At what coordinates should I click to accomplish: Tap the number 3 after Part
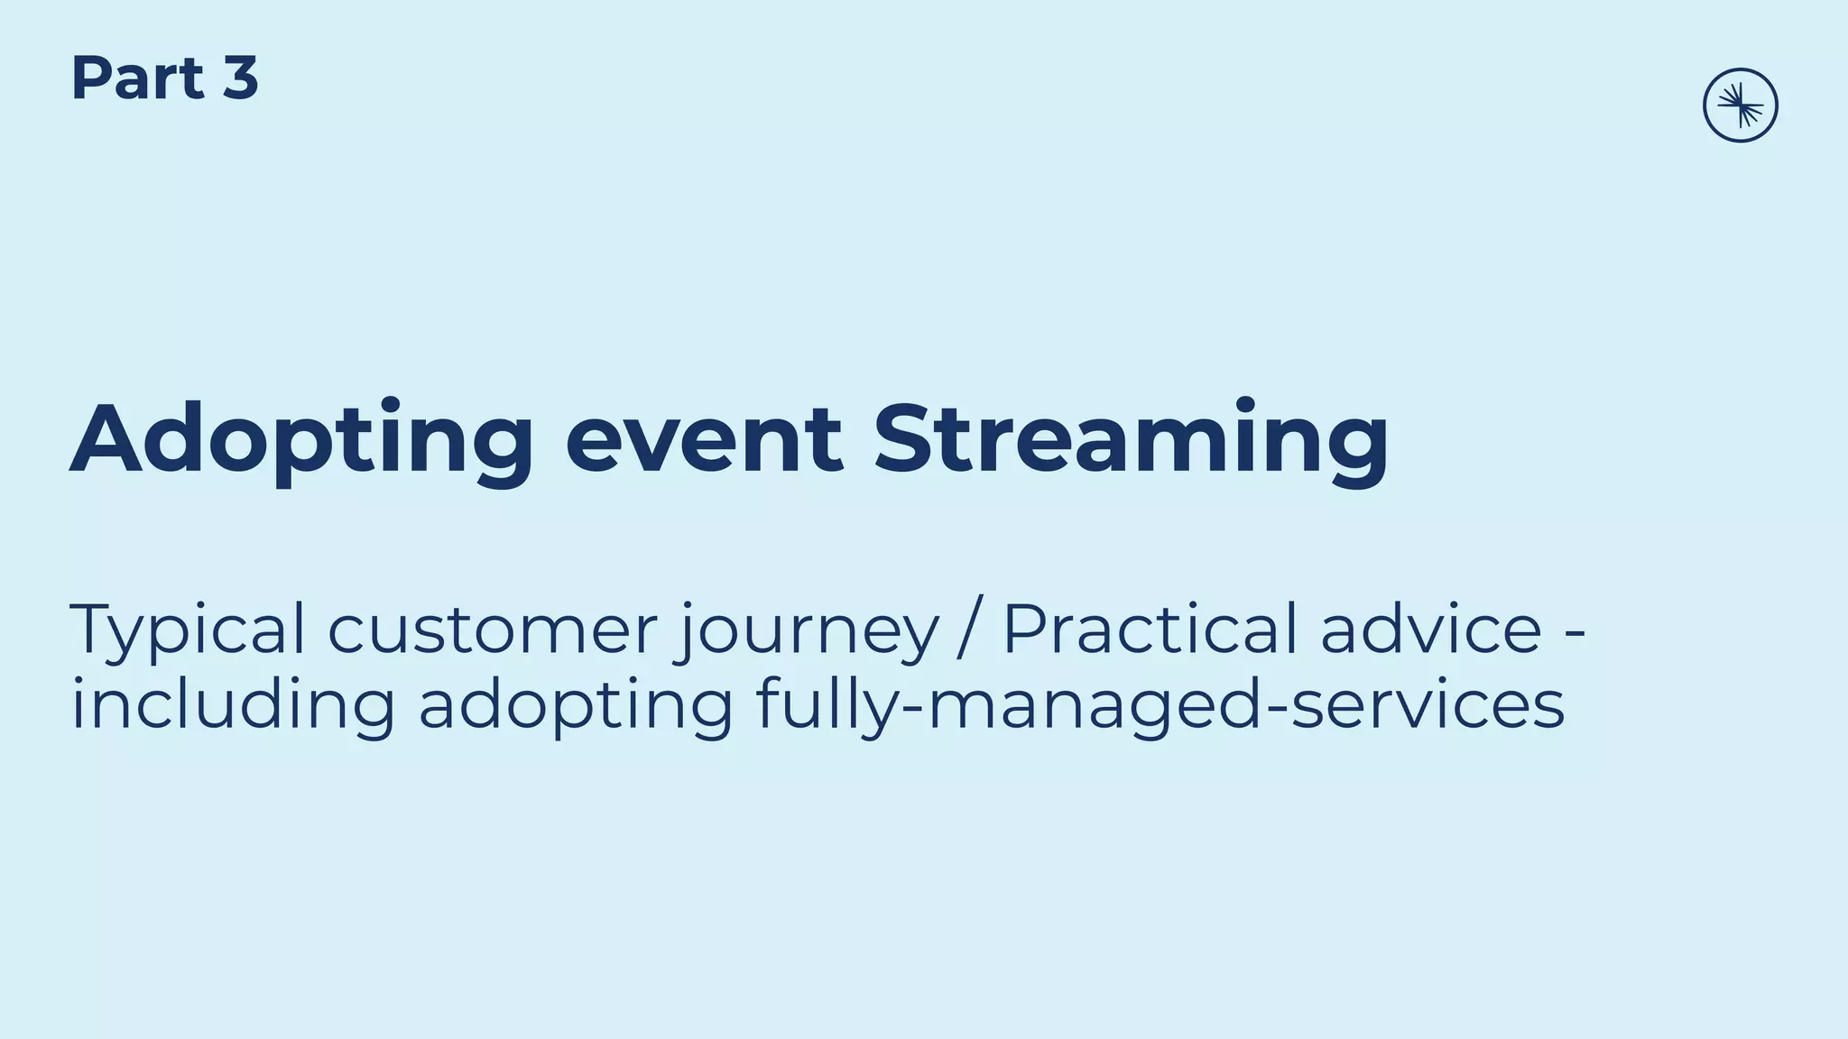[x=240, y=78]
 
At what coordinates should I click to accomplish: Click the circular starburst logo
[x=1740, y=106]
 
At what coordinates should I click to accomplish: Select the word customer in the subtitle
[x=492, y=630]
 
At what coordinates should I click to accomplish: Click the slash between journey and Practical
[x=970, y=630]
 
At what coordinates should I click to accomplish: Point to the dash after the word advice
[x=1574, y=631]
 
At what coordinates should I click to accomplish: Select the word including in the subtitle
[x=233, y=705]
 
